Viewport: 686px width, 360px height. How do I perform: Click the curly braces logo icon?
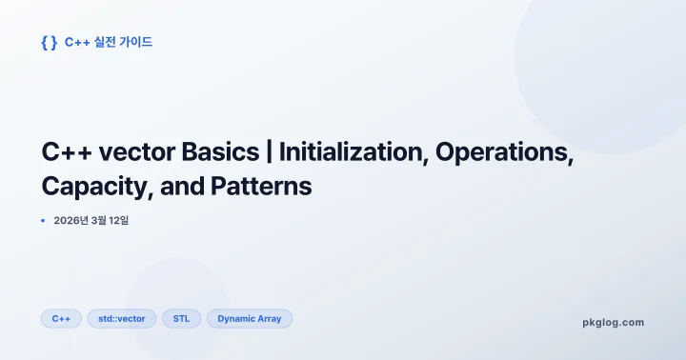tap(50, 42)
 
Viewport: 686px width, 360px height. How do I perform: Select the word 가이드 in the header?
tap(137, 42)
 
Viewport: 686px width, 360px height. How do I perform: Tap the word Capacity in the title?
tap(91, 186)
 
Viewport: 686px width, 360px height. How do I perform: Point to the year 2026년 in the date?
tap(72, 221)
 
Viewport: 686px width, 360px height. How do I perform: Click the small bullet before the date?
tap(43, 221)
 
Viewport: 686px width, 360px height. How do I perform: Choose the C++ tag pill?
tap(61, 318)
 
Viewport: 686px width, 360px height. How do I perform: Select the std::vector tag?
tap(122, 318)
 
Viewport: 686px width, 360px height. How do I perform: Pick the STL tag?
tap(181, 318)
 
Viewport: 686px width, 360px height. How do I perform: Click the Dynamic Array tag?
tap(250, 318)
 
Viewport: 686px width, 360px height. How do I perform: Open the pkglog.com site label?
tap(613, 322)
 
